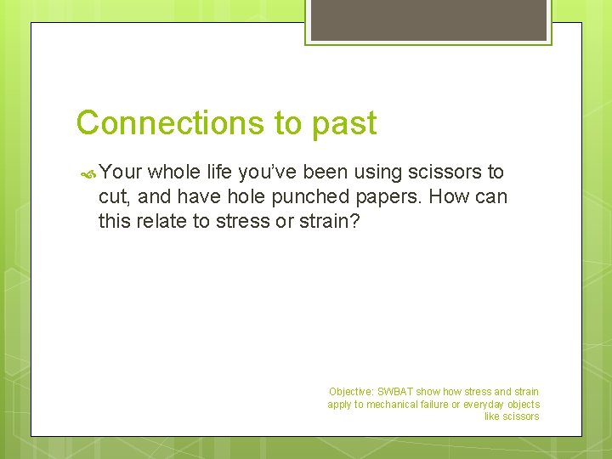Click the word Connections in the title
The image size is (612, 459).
click(170, 123)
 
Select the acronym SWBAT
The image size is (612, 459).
click(395, 392)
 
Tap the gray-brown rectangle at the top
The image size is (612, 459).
click(428, 19)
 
